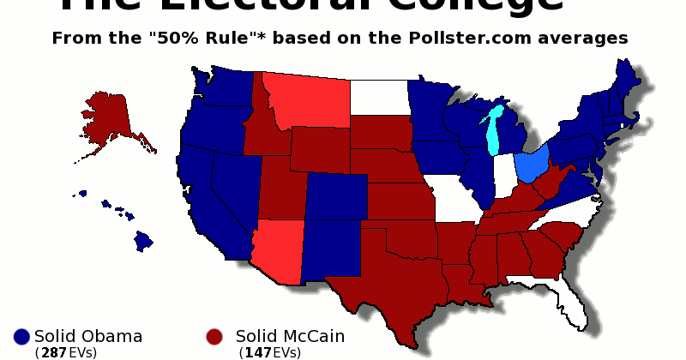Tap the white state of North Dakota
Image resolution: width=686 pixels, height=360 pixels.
(378, 97)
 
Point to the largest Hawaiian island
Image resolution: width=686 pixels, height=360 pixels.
(143, 240)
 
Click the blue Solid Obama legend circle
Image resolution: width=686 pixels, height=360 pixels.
(22, 337)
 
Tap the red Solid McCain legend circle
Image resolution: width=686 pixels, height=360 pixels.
(215, 337)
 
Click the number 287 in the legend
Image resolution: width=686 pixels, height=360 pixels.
(51, 352)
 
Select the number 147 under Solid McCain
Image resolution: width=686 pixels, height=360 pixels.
(257, 352)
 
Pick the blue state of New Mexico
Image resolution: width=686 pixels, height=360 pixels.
(332, 249)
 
